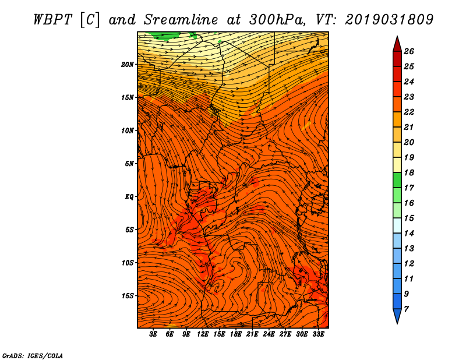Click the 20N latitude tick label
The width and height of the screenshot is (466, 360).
[x=128, y=64]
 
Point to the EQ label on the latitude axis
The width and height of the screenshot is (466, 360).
[x=129, y=196]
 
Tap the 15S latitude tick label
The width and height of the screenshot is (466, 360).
[x=128, y=296]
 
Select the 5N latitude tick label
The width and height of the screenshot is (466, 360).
[x=129, y=164]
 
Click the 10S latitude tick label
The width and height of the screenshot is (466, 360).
[x=128, y=263]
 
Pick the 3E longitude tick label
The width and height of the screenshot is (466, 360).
[x=153, y=334]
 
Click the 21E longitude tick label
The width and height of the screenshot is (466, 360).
[x=252, y=334]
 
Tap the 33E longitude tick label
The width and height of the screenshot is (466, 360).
[x=318, y=334]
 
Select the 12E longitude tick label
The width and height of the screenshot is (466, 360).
[x=203, y=334]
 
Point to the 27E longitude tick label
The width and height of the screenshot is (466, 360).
[x=285, y=334]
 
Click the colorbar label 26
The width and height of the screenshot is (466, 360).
[x=409, y=51]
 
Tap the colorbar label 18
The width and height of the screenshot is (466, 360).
[x=409, y=172]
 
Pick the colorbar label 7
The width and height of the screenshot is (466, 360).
[x=406, y=309]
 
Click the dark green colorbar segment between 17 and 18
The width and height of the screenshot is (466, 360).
[x=397, y=180]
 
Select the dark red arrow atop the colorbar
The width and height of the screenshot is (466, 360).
[x=397, y=44]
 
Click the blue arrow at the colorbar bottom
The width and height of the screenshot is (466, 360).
[x=397, y=316]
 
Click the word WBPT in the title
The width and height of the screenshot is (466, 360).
[x=52, y=20]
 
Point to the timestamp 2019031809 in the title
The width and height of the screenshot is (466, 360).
[x=389, y=20]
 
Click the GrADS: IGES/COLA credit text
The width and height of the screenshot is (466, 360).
[x=33, y=355]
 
